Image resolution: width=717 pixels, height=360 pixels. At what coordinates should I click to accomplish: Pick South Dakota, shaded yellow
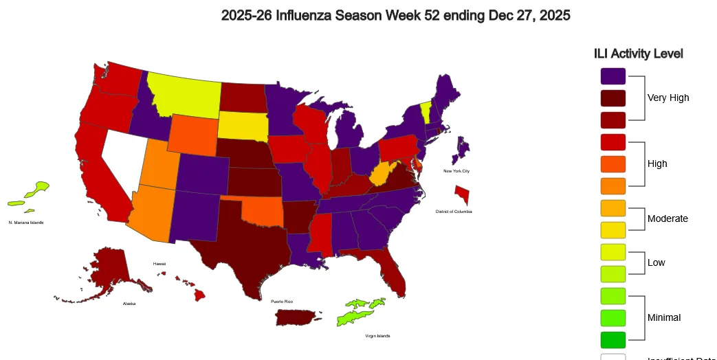pos(244,124)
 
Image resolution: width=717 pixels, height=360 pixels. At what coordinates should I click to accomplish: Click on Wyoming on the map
pos(194,135)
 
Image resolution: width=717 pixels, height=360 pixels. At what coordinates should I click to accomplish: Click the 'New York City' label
pos(456,170)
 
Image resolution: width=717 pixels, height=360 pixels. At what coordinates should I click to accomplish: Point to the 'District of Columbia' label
pos(454,212)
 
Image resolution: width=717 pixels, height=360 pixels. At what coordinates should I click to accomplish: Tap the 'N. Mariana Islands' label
pos(26,223)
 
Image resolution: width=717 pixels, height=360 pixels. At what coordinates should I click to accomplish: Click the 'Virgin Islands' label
pos(377,336)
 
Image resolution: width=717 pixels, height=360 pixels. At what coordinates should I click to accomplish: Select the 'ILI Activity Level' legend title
pos(638,54)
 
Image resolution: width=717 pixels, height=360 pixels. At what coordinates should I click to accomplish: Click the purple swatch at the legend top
pos(613,76)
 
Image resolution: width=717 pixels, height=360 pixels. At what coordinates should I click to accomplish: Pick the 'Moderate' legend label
pos(668,218)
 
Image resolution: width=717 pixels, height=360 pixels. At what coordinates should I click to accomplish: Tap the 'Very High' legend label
pos(668,98)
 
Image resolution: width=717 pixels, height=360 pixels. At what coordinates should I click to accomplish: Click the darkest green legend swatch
pos(613,339)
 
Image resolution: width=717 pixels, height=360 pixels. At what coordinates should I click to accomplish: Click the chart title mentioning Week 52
pos(395,15)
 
